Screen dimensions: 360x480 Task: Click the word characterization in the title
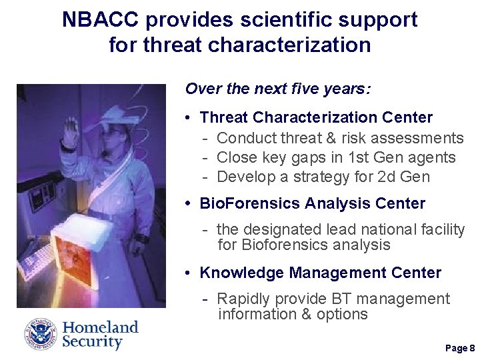(x=289, y=45)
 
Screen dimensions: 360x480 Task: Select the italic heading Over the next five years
(x=278, y=89)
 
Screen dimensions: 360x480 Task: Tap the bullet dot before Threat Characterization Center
(x=190, y=119)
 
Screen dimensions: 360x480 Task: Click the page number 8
(x=472, y=349)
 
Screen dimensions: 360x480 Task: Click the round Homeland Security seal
(x=41, y=335)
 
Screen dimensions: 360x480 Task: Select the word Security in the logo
(x=93, y=343)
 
